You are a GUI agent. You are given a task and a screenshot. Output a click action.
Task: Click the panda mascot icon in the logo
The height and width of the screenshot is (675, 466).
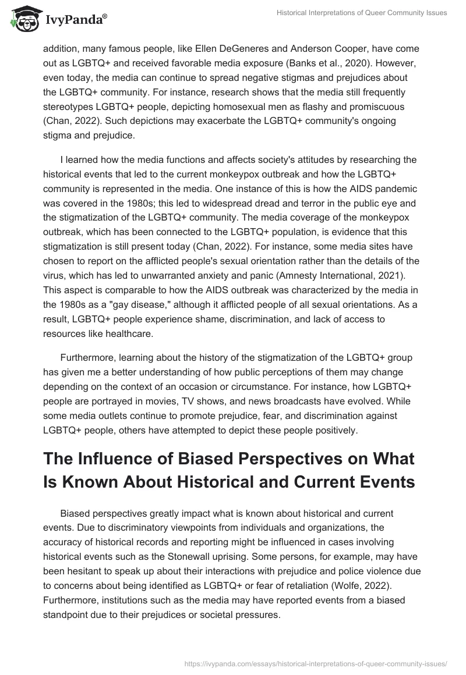(22, 19)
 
